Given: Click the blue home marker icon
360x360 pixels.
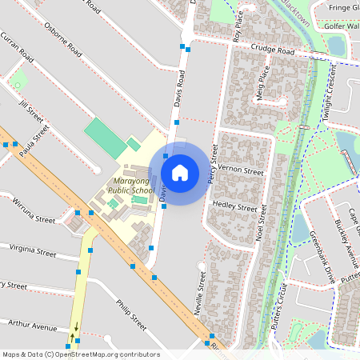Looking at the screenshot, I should tap(180, 172).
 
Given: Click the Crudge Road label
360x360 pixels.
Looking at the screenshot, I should tap(272, 50).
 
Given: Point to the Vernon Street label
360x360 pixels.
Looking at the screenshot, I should tap(241, 171).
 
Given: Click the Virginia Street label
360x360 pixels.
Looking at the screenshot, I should tap(32, 251).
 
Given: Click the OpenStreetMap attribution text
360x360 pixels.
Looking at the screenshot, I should tap(81, 354).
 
